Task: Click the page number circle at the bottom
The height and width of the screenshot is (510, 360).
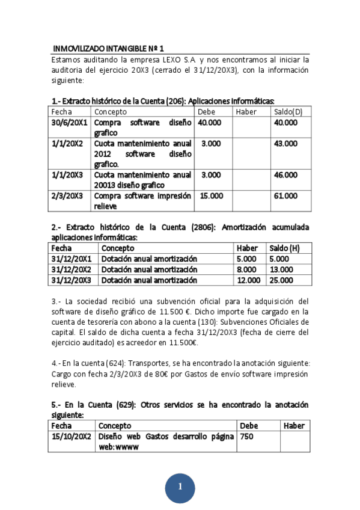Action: pos(180,487)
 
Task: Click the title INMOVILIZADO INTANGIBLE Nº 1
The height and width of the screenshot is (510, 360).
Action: pos(108,48)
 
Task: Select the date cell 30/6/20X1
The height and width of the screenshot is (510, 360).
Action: pos(70,122)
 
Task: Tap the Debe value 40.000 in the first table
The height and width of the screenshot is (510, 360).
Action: pos(210,122)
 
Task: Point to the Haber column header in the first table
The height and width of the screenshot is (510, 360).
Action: pos(246,112)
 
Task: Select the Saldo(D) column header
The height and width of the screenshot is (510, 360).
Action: pos(288,112)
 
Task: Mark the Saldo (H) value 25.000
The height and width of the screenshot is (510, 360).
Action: pos(281,280)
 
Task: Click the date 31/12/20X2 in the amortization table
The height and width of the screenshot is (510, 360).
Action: pos(72,269)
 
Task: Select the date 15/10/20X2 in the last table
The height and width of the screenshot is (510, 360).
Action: pos(72,436)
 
